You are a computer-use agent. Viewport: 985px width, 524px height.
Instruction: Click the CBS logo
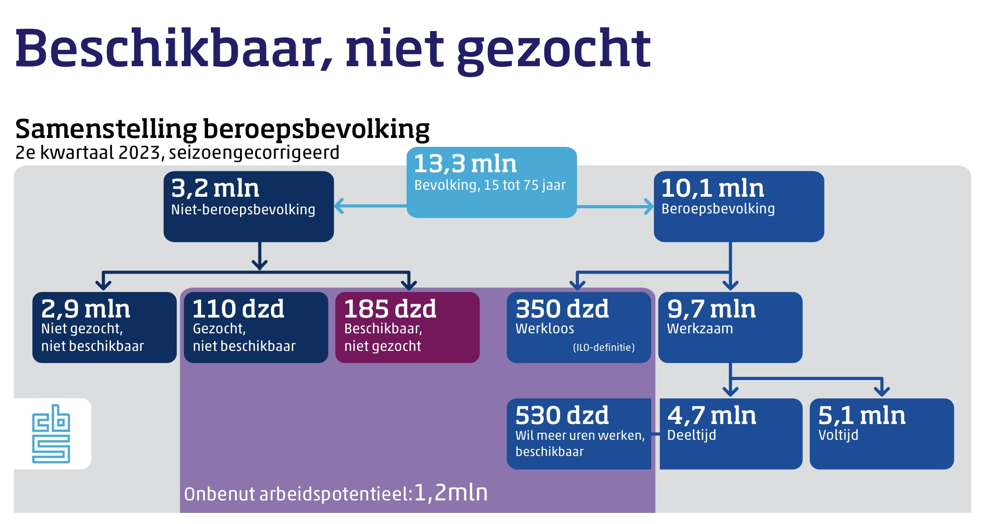pos(51,434)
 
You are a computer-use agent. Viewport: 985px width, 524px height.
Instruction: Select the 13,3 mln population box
pos(491,182)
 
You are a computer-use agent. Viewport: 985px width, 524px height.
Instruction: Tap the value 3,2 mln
pos(215,188)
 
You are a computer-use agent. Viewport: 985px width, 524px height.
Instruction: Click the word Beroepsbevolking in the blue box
pos(718,209)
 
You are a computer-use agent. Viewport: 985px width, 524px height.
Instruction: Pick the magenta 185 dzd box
pos(407,327)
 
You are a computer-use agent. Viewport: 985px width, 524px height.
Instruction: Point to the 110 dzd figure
pos(238,309)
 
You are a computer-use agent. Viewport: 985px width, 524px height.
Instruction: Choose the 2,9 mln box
pos(104,327)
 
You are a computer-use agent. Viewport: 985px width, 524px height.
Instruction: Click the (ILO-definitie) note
pos(603,347)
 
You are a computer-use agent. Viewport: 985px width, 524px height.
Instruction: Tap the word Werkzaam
pos(700,329)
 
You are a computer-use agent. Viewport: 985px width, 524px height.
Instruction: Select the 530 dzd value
pos(562,415)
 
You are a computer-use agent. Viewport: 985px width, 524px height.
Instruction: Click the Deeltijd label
pos(691,435)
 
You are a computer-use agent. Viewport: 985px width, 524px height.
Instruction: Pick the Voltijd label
pos(838,435)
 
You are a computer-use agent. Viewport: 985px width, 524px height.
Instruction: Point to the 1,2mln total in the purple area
pos(450,493)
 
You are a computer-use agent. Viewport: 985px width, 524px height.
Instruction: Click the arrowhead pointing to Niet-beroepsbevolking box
pos(339,206)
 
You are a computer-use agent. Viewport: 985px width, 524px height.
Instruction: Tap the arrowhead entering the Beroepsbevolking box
pos(649,206)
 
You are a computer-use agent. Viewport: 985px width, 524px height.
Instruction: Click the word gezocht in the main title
pos(554,49)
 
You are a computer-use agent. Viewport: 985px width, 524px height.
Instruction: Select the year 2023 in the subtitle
pos(139,152)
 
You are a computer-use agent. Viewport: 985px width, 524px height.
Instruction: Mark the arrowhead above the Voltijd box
pos(882,392)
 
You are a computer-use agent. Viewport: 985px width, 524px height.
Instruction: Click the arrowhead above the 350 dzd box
pos(577,284)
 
